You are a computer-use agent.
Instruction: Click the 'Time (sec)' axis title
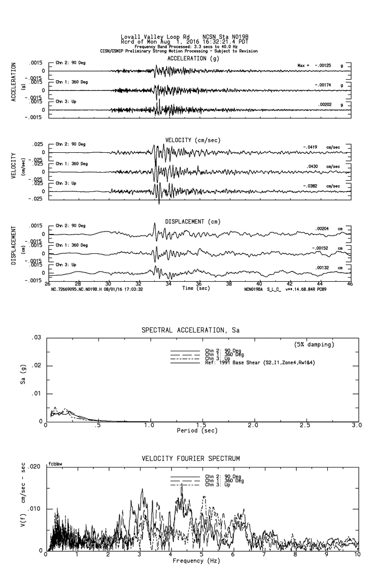(195, 287)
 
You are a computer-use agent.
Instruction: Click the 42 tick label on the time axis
(290, 284)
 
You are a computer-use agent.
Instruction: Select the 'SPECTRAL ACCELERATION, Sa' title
(190, 330)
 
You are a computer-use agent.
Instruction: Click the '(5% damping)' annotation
(315, 344)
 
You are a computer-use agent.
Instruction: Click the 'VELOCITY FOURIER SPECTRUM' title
(190, 459)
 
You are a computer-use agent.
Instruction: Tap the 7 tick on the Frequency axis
(264, 555)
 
